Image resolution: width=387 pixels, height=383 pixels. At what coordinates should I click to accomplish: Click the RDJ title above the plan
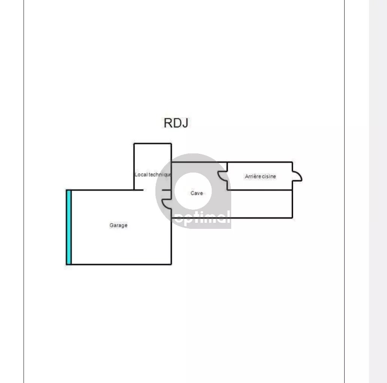176,123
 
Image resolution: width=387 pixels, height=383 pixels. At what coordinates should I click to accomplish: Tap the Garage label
119,225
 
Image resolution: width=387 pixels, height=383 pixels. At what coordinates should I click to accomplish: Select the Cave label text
197,193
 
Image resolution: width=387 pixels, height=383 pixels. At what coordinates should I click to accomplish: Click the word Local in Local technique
141,174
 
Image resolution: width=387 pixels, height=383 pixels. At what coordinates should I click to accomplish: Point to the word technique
160,174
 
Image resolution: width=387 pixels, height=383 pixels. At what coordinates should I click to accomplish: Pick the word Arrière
253,176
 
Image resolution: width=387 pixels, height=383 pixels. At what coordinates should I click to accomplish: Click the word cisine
269,176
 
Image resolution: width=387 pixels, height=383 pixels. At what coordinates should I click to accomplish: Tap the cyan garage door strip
69,227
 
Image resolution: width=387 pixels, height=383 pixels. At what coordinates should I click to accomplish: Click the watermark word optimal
202,218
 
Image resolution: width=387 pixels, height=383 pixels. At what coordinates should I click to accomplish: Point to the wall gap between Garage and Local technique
152,190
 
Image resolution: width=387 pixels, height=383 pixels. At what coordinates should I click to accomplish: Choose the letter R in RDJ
168,123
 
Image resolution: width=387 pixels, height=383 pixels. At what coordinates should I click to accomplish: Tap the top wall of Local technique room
152,144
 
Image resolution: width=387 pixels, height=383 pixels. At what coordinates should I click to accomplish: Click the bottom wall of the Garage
119,264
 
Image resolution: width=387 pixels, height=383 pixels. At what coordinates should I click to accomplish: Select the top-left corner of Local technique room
134,144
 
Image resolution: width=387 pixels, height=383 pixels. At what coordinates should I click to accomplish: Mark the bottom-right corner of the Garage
171,264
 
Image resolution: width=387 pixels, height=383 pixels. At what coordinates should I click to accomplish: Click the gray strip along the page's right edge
378,191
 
